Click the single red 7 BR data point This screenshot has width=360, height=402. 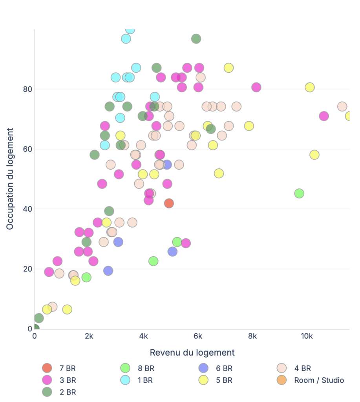point(169,203)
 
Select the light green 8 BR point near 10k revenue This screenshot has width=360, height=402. point(299,193)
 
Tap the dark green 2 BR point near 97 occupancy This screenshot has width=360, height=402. point(196,39)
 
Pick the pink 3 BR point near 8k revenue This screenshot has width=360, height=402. point(256,88)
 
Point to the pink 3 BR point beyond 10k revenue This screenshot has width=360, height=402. point(324,116)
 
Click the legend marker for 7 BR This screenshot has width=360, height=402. point(47,368)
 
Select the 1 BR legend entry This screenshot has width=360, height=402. point(146,380)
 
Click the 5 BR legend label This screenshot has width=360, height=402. point(224,380)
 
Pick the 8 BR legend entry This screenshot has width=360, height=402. point(146,368)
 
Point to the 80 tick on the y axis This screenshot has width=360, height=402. point(27,89)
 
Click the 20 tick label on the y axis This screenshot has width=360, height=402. point(27,269)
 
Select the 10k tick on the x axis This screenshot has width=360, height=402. point(307,336)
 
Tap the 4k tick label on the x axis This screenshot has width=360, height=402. point(143,336)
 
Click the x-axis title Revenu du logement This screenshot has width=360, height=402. point(192,352)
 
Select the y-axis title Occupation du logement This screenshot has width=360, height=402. point(10,179)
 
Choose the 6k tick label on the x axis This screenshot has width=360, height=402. point(198,336)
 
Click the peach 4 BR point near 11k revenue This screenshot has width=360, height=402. point(342,106)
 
